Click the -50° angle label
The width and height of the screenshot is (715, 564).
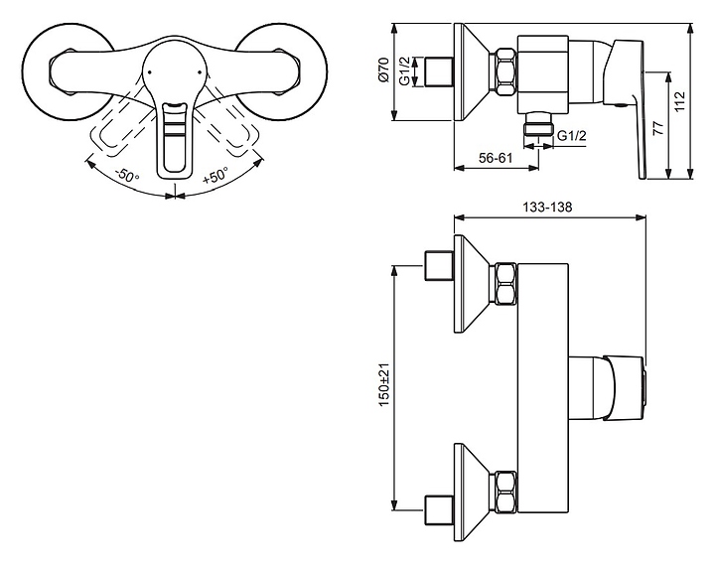pyautogui.click(x=127, y=175)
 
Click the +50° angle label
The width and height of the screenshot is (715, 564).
pyautogui.click(x=215, y=175)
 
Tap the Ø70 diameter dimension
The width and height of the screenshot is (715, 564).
pyautogui.click(x=383, y=70)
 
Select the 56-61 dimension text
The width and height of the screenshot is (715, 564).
pyautogui.click(x=496, y=158)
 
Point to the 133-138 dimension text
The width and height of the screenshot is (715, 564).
pyautogui.click(x=547, y=207)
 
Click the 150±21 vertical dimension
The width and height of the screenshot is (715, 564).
pyautogui.click(x=384, y=385)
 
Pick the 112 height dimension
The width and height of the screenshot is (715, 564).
pyautogui.click(x=679, y=102)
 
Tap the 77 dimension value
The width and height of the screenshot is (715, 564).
pyautogui.click(x=657, y=128)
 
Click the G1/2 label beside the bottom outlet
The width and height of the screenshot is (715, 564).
pyautogui.click(x=572, y=135)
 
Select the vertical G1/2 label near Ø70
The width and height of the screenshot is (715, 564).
pyautogui.click(x=404, y=71)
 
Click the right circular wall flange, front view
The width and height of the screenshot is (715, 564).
pyautogui.click(x=281, y=72)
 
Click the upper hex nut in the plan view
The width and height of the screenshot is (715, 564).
pyautogui.click(x=503, y=284)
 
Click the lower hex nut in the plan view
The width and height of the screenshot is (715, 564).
pyautogui.click(x=503, y=492)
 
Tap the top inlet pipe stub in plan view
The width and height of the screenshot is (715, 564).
pyautogui.click(x=439, y=265)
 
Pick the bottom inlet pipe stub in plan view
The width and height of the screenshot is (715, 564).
pyautogui.click(x=439, y=509)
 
